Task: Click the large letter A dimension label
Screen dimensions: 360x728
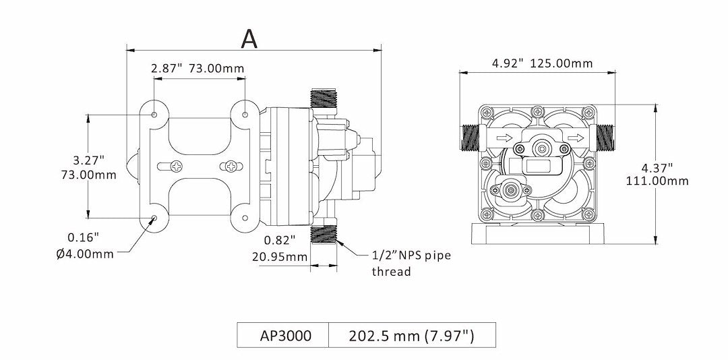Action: point(249,38)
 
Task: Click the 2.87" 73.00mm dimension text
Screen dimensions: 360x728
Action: point(198,69)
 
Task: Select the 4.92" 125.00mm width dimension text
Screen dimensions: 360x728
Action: point(542,63)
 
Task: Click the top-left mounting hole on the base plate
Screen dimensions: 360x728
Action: point(154,115)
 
